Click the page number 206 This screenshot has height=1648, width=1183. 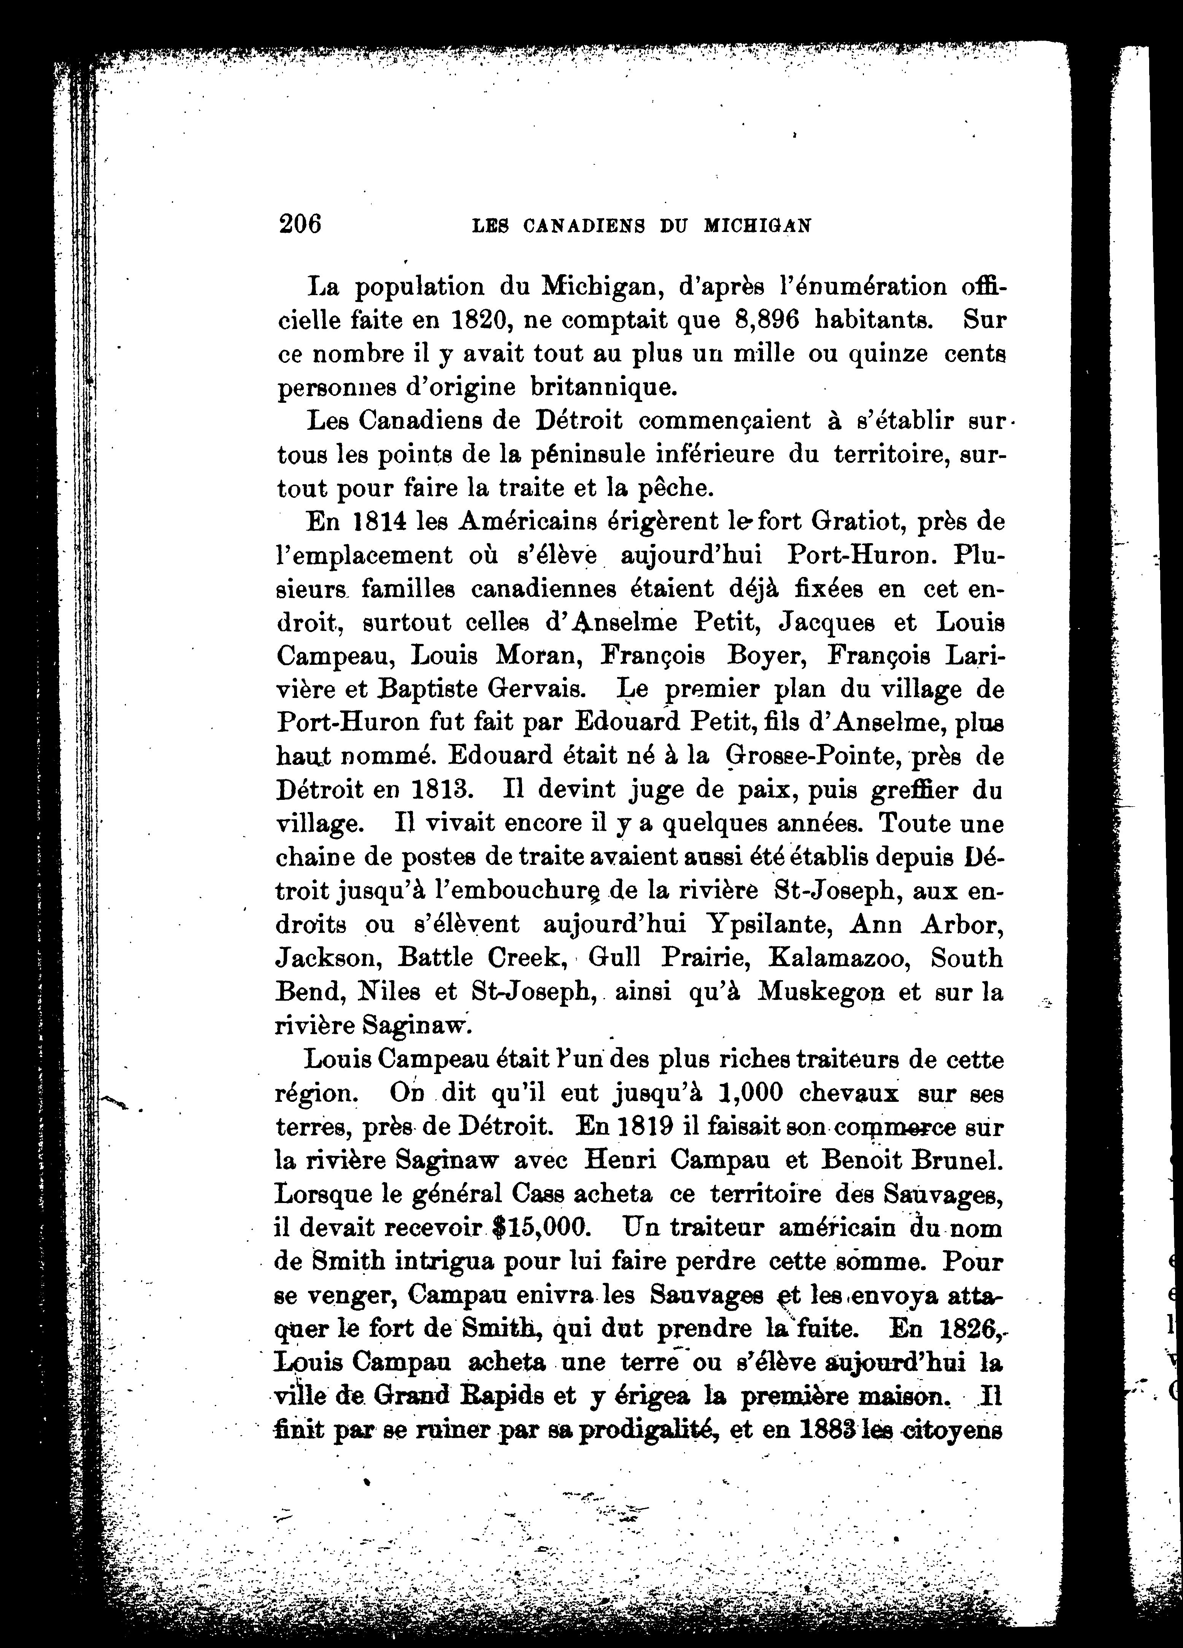point(299,224)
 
